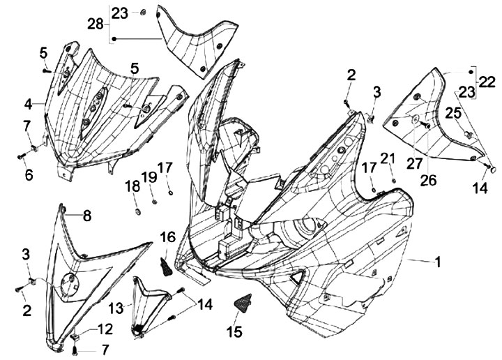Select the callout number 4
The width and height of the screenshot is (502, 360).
coord(29,104)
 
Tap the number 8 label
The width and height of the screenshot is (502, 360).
coord(87,216)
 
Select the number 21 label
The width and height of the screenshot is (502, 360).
coord(388,159)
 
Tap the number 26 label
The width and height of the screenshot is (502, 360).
coord(428,179)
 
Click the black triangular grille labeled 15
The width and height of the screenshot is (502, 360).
coord(241,303)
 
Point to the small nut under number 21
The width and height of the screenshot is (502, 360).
coord(394,180)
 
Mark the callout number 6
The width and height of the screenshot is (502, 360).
coord(29,175)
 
